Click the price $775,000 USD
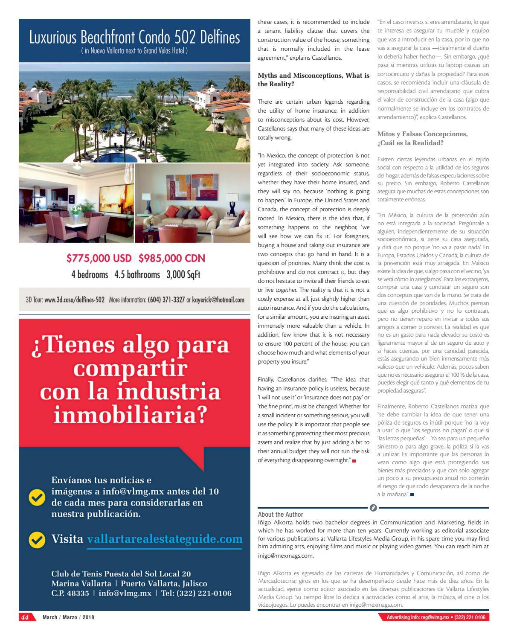[99, 258]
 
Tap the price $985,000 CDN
[172, 258]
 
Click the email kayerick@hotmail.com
[219, 300]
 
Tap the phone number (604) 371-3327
[166, 300]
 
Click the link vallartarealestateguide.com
[165, 539]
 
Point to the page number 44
[25, 617]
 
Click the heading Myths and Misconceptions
[313, 80]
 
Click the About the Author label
[281, 514]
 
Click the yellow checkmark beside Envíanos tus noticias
[37, 497]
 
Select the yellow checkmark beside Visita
[37, 540]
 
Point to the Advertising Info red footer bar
[434, 617]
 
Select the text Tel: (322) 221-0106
[196, 593]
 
